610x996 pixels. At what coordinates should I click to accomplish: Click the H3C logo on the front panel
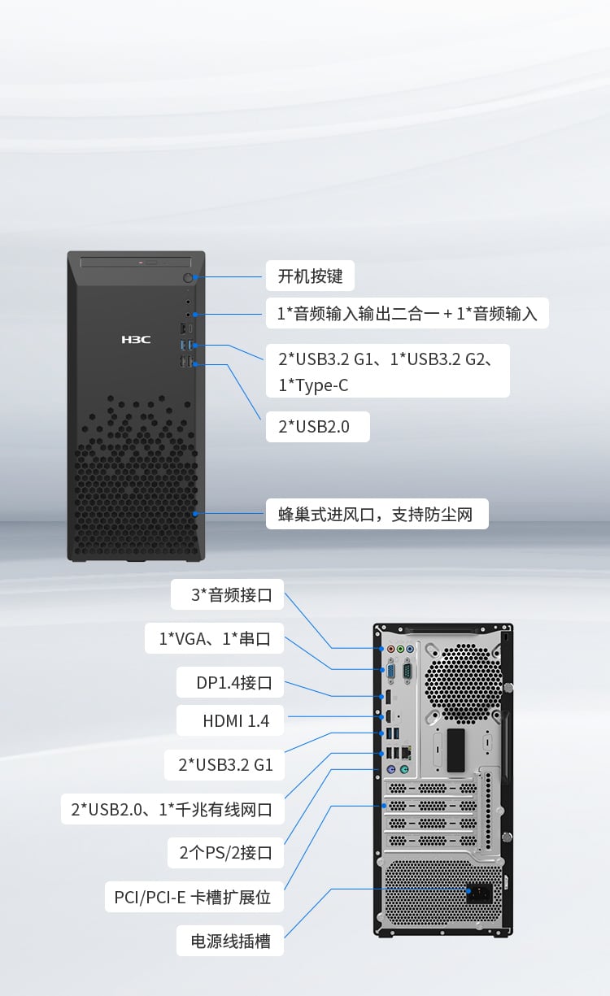coord(136,340)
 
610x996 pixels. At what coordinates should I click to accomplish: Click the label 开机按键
coord(310,276)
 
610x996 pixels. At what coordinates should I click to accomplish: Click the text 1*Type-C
coord(313,385)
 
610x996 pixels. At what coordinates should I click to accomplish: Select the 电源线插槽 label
coord(230,941)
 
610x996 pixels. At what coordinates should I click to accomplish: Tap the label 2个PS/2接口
coord(225,853)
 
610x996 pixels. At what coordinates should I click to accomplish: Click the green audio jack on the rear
coord(400,649)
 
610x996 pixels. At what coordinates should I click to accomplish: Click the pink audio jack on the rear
coord(391,649)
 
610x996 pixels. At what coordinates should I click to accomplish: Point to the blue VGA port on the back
coord(391,672)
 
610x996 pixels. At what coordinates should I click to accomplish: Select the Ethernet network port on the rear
coord(406,752)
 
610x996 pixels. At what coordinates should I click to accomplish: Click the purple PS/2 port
coord(391,769)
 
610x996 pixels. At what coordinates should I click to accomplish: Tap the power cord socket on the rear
coord(479,893)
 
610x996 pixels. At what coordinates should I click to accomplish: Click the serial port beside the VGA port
coord(407,672)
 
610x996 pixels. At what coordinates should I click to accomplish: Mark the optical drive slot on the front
coord(136,263)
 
